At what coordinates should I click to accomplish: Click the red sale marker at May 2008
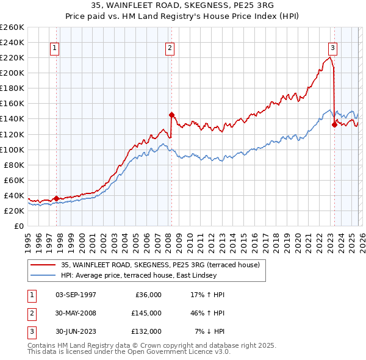(x=171, y=115)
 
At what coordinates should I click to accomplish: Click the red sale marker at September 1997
(x=56, y=198)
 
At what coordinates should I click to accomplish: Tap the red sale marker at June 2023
(x=334, y=124)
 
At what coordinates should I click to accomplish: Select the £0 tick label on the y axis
(x=18, y=226)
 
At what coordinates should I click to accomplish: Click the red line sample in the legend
(x=43, y=265)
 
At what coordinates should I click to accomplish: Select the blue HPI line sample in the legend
(x=43, y=275)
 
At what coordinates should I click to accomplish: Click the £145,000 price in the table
(x=146, y=313)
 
